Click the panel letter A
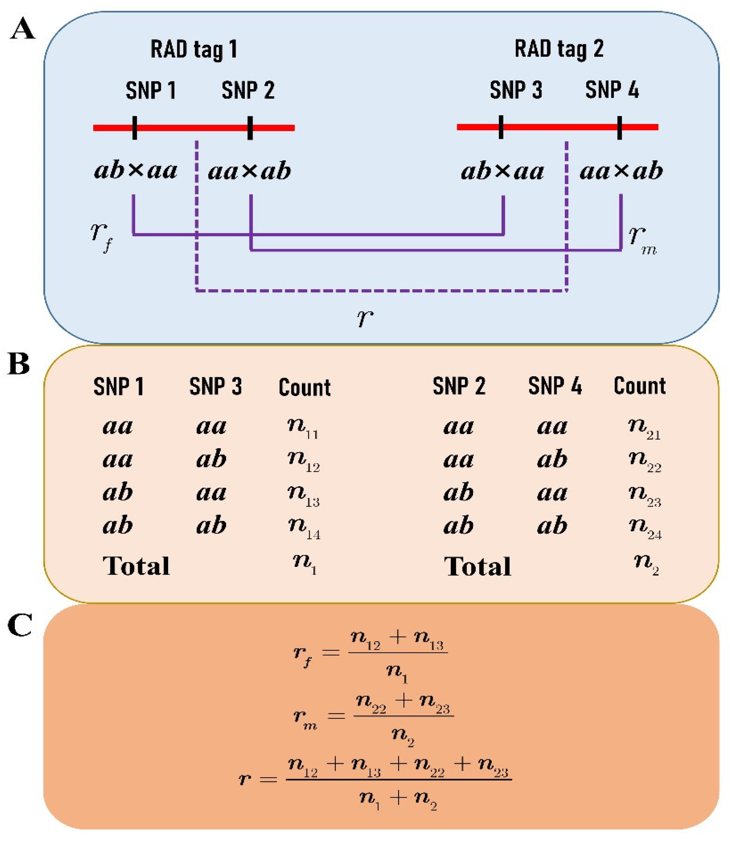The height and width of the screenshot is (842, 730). click(x=22, y=30)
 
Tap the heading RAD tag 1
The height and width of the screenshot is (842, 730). click(x=193, y=50)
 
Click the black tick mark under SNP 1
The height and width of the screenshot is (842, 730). click(x=135, y=128)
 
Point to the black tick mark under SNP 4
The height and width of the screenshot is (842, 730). click(x=619, y=127)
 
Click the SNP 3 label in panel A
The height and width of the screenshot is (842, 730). click(x=516, y=90)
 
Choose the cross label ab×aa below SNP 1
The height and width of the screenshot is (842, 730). click(x=136, y=171)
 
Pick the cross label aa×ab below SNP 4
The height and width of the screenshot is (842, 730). click(x=621, y=171)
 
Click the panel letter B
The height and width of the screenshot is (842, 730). click(x=19, y=363)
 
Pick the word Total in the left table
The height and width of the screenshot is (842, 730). click(x=136, y=566)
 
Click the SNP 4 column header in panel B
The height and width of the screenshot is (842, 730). click(x=555, y=386)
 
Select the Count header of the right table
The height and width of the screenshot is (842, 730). click(x=640, y=386)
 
